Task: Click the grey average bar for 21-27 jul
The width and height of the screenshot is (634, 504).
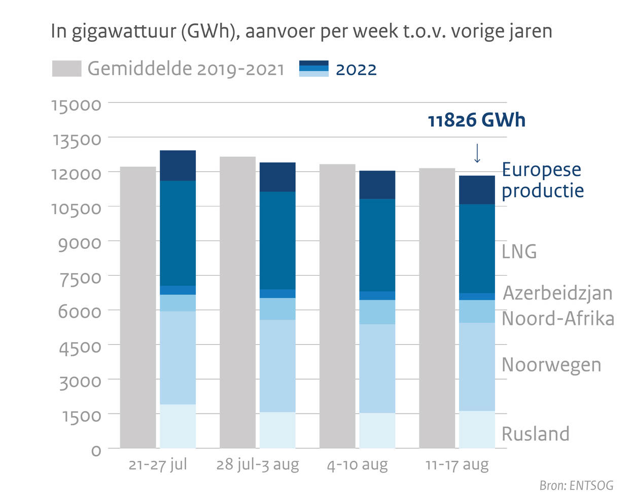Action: click(x=137, y=307)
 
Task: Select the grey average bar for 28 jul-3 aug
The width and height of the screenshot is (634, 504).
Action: click(x=237, y=302)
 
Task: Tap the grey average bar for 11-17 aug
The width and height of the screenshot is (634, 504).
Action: click(x=437, y=308)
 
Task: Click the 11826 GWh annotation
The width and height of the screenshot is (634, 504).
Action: click(x=476, y=120)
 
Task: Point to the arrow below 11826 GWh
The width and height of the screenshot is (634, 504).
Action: click(x=477, y=153)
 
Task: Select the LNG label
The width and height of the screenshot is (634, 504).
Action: click(x=519, y=252)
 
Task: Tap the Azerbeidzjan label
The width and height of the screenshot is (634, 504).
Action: click(x=557, y=293)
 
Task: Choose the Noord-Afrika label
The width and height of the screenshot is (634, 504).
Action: click(x=558, y=319)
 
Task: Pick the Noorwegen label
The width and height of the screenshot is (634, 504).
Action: click(x=551, y=365)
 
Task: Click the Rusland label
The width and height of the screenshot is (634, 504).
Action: click(x=536, y=434)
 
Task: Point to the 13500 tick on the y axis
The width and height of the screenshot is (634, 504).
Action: click(x=77, y=139)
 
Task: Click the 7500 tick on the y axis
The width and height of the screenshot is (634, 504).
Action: click(x=79, y=278)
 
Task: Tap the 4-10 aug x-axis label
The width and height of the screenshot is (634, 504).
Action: click(x=357, y=465)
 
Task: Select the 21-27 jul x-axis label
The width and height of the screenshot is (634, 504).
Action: click(x=158, y=465)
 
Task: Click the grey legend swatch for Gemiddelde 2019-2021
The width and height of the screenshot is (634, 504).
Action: click(x=66, y=69)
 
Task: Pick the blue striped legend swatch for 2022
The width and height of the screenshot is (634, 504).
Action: click(x=313, y=69)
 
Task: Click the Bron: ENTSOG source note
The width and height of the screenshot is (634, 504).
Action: click(x=576, y=486)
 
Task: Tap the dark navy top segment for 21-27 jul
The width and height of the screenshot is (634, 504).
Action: click(x=178, y=165)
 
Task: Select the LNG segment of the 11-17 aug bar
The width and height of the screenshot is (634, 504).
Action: click(x=477, y=249)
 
